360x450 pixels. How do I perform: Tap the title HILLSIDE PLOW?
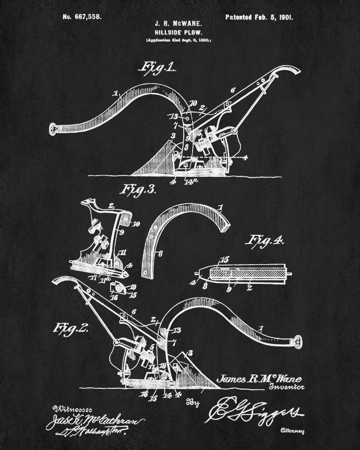pyautogui.click(x=179, y=32)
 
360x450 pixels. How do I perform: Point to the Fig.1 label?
pyautogui.click(x=158, y=68)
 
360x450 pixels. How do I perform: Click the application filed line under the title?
pyautogui.click(x=179, y=41)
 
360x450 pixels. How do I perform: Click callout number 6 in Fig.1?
pyautogui.click(x=233, y=90)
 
